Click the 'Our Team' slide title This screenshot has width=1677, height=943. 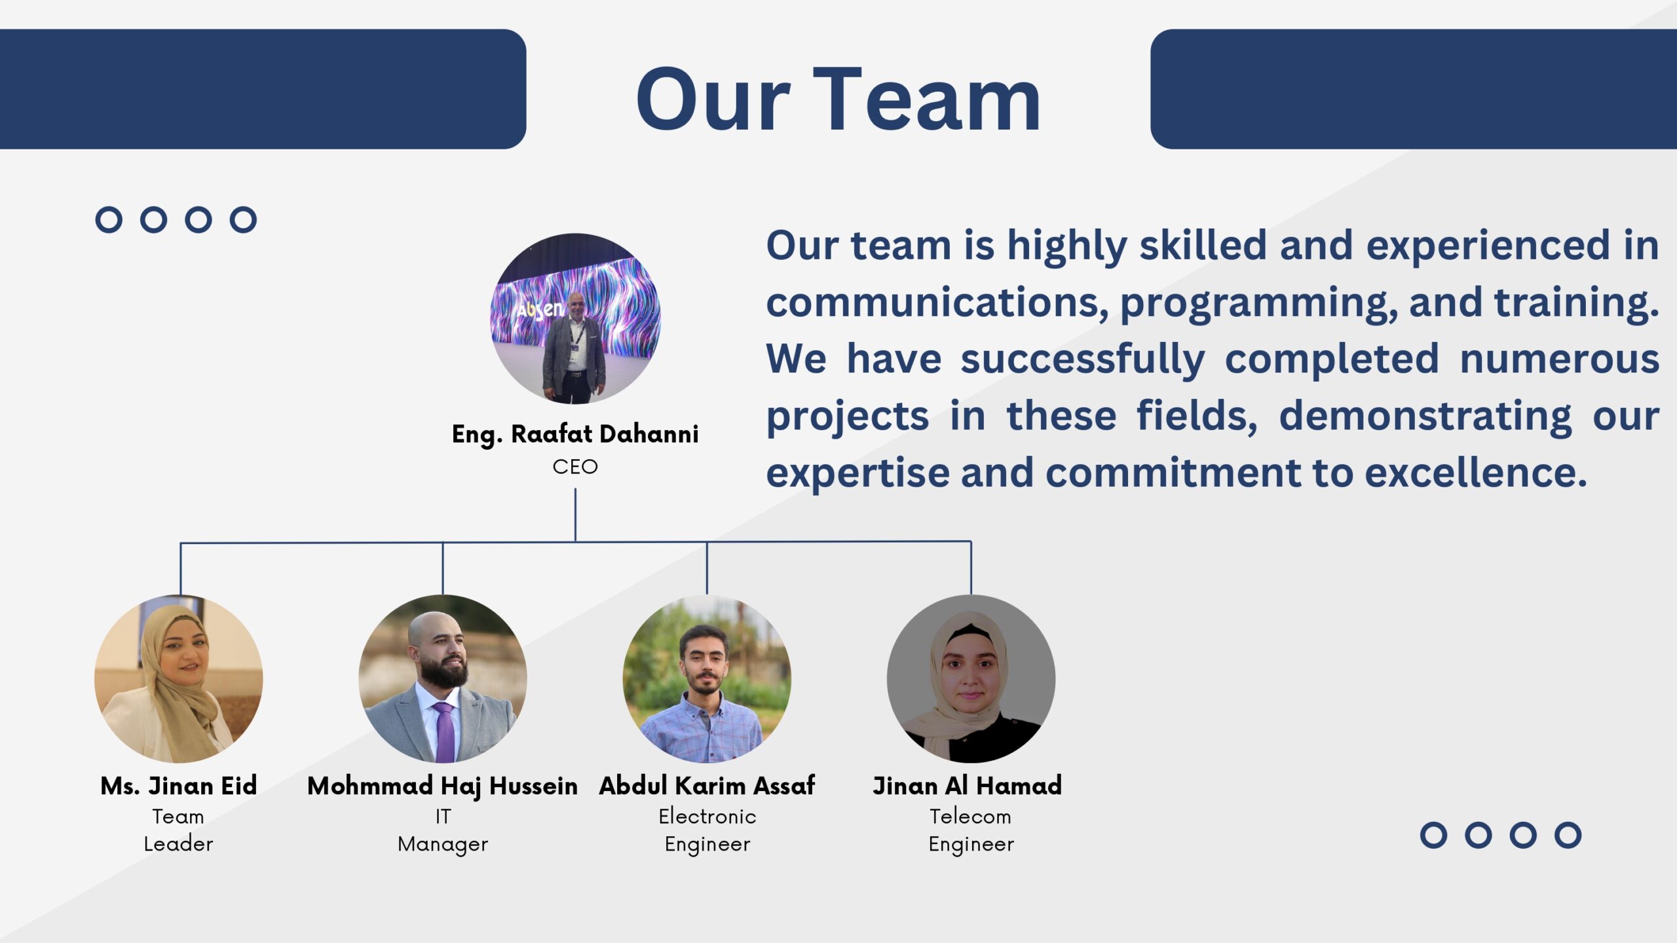(x=838, y=100)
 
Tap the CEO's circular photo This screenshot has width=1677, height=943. (x=575, y=318)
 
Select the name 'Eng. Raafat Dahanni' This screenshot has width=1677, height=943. (x=575, y=434)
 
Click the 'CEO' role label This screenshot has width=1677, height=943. (x=575, y=467)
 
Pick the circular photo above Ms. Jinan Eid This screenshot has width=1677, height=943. (x=179, y=678)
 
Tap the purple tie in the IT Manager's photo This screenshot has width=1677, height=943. (x=444, y=732)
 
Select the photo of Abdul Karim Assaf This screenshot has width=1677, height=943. (x=707, y=678)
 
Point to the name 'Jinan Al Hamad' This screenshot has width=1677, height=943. (x=967, y=786)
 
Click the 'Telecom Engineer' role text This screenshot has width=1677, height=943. (x=971, y=830)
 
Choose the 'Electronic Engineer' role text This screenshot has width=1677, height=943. (x=707, y=830)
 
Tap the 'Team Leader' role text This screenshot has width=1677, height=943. (x=178, y=830)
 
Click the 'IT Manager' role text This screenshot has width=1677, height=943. (x=443, y=830)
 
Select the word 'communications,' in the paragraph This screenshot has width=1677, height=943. (x=937, y=303)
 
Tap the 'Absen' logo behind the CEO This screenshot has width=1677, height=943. (x=539, y=308)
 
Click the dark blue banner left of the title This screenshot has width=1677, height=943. (x=263, y=89)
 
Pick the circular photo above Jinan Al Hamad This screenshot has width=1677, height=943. (x=971, y=678)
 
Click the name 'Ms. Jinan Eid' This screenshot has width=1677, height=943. (x=179, y=786)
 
